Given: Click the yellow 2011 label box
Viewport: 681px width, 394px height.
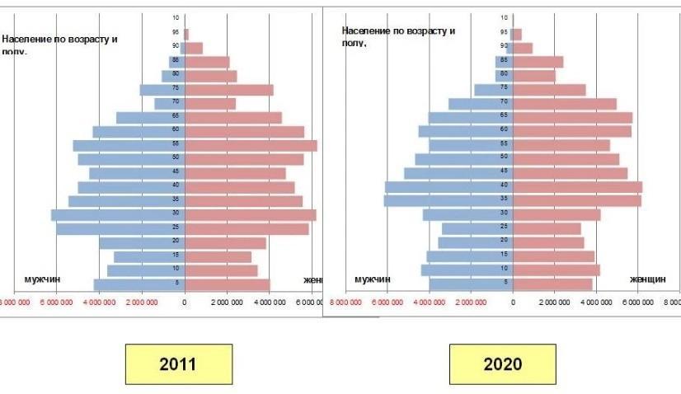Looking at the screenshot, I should [178, 364].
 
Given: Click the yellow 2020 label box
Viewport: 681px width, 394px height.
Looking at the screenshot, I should [502, 364].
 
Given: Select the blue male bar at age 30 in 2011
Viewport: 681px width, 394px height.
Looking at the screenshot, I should [118, 215].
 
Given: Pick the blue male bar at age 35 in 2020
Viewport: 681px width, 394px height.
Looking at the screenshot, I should [449, 201].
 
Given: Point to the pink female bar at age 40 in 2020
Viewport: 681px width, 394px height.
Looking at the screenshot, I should [577, 187].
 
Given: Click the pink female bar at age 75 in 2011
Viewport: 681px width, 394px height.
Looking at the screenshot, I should [228, 90].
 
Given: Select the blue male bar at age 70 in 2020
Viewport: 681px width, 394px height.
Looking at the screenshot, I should [481, 104].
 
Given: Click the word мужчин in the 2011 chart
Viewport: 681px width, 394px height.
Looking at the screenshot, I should [43, 279].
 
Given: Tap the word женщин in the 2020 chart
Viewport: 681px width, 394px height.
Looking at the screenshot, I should [647, 279].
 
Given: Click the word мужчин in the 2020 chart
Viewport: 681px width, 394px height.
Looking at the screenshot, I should [372, 279].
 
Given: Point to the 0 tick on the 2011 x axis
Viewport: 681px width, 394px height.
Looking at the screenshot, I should [185, 303].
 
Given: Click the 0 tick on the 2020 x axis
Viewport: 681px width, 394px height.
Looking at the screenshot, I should [513, 303].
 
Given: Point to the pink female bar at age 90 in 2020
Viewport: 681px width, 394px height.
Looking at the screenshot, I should [523, 48].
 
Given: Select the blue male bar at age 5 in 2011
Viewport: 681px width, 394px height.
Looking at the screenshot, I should [139, 284].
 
